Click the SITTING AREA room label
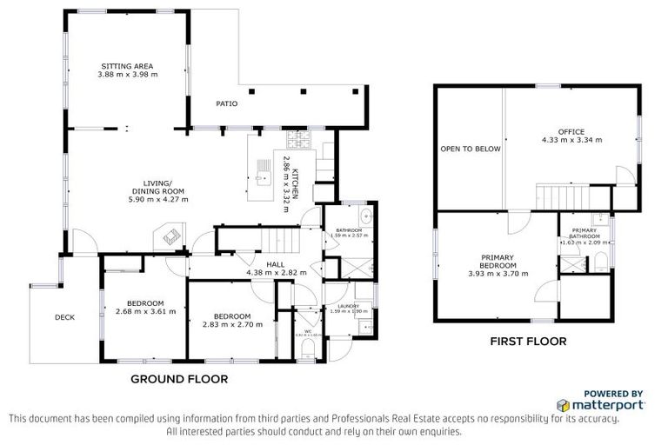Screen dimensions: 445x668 click(x=129, y=66)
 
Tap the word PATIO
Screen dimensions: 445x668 click(x=226, y=103)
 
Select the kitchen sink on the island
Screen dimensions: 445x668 click(x=263, y=180)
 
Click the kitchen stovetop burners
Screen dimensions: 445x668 click(x=298, y=140)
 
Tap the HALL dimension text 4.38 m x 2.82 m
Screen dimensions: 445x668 click(x=271, y=272)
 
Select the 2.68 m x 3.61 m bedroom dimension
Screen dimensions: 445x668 click(x=146, y=311)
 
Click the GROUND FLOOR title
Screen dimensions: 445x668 click(x=179, y=379)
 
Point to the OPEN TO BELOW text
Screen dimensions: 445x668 click(x=470, y=149)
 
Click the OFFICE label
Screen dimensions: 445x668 click(x=571, y=131)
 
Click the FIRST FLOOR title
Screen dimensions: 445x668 click(x=529, y=342)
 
